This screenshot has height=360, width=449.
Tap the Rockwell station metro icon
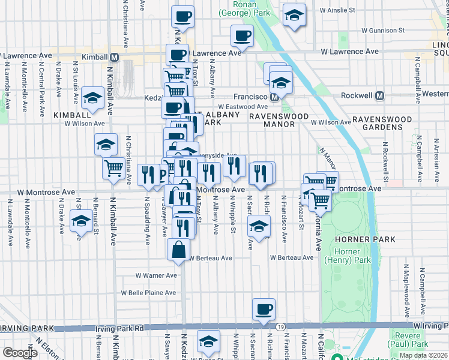pos(379,95)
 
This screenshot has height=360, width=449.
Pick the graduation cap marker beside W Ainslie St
pos(294,16)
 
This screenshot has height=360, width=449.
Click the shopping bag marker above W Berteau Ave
pos(179,249)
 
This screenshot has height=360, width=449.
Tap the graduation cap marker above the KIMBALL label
pos(92,98)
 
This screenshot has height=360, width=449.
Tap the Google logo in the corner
pos(19,353)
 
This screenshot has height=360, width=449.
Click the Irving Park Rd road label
pos(119,329)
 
